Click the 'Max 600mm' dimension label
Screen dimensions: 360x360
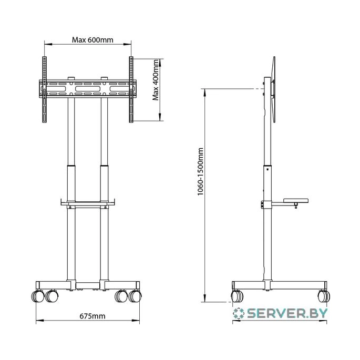pos(92,40)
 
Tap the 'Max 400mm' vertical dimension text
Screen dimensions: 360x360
pos(156,80)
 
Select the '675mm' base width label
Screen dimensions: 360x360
pos(92,316)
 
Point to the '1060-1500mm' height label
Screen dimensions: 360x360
pos(200,171)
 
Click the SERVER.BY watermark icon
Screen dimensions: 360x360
pos(238,313)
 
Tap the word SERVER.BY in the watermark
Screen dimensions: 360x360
pos(287,313)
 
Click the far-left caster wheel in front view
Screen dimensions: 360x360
pos(37,296)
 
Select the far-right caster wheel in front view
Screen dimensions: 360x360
pos(135,296)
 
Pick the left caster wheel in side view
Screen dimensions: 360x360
pos(237,296)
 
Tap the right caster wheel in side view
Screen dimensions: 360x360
pos(324,296)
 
